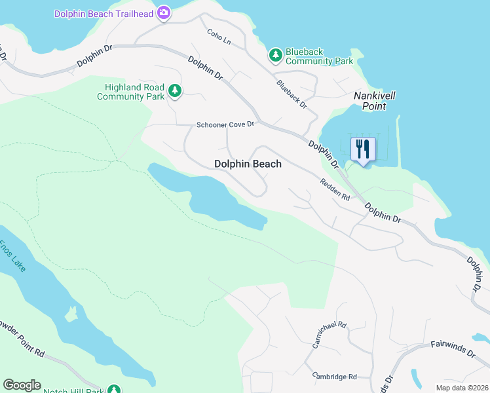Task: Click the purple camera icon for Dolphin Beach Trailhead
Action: (164, 12)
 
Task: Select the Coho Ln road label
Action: (219, 37)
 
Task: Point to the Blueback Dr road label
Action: (292, 94)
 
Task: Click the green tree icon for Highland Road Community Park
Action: (174, 90)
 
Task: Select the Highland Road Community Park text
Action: (130, 92)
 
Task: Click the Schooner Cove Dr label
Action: (225, 124)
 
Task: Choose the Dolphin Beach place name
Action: (248, 164)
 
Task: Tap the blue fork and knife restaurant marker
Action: (363, 150)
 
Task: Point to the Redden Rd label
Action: (334, 191)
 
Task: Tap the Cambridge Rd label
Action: (334, 377)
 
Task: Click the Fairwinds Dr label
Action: (452, 348)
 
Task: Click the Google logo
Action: (22, 385)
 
